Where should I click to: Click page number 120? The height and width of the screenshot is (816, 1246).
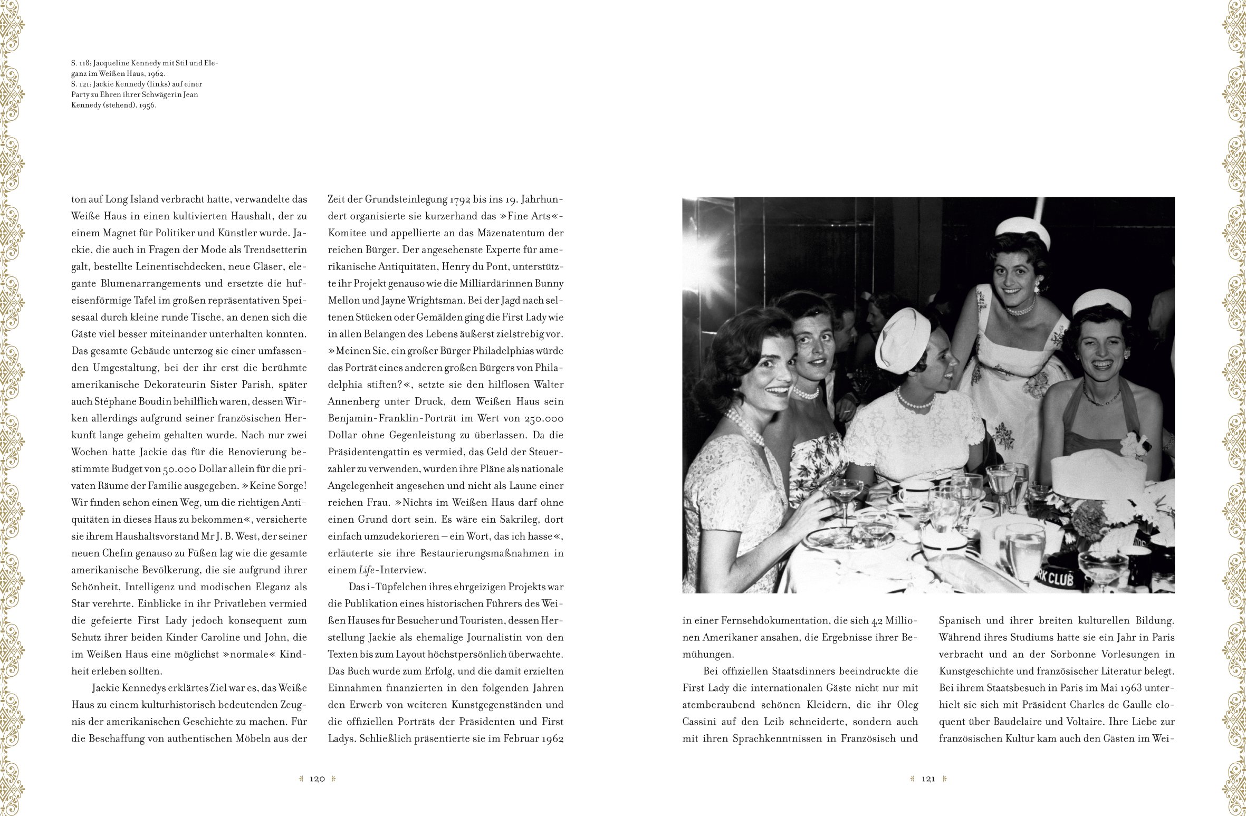317,779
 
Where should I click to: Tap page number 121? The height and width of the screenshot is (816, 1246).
928,779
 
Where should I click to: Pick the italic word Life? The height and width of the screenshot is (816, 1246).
366,570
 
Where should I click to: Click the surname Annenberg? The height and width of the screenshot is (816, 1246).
353,401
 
